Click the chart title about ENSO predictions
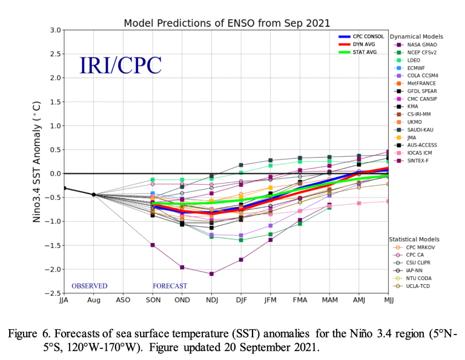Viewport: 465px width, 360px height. click(x=227, y=23)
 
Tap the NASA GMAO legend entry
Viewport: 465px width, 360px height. click(x=421, y=44)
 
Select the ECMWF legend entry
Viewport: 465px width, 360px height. click(x=417, y=68)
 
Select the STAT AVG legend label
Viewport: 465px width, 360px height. click(x=366, y=53)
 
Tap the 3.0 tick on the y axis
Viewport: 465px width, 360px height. click(x=55, y=30)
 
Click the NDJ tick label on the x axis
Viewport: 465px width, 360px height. click(x=211, y=300)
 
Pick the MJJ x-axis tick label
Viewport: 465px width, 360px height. click(x=388, y=300)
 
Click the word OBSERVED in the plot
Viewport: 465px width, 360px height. click(x=89, y=286)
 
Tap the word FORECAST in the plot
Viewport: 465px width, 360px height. click(x=170, y=286)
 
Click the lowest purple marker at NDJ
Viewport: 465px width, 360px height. click(x=211, y=274)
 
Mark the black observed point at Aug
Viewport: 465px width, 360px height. click(x=93, y=195)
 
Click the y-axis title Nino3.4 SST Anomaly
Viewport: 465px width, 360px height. click(x=38, y=162)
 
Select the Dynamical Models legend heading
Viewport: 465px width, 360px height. click(x=417, y=36)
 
